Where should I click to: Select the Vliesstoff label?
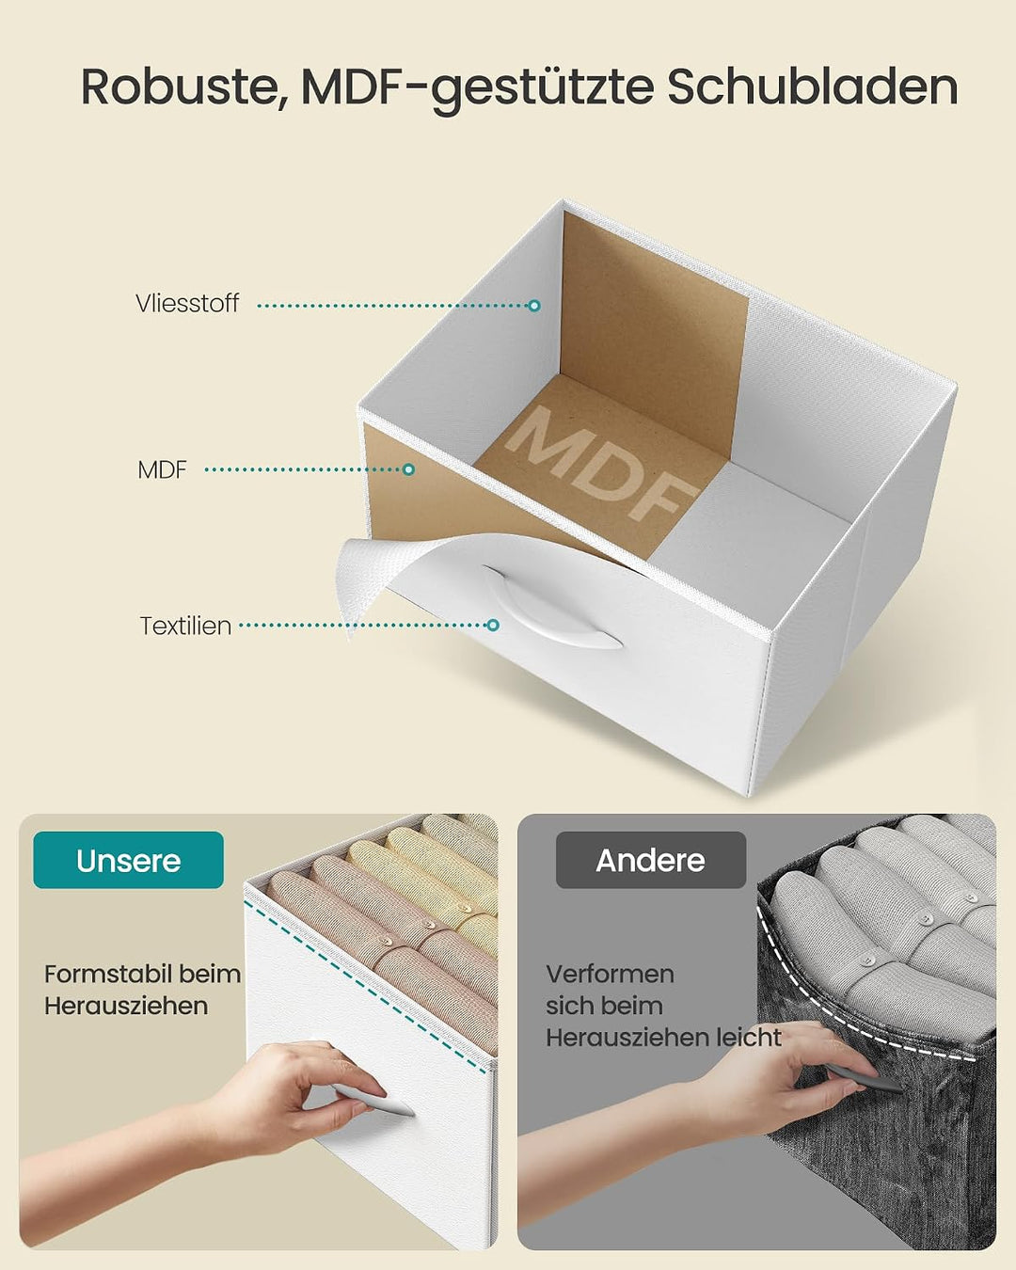click(187, 303)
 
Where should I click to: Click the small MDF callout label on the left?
click(162, 469)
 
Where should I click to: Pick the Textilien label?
click(185, 626)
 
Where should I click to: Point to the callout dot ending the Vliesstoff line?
click(534, 306)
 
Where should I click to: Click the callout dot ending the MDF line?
click(408, 469)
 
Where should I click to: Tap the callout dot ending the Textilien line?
click(493, 625)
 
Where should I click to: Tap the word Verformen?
click(610, 975)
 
